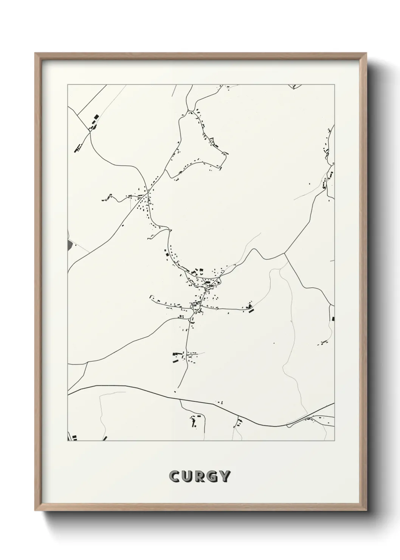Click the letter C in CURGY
click(175, 476)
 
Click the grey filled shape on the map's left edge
click(69, 245)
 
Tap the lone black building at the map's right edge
click(333, 319)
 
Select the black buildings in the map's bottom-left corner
click(74, 437)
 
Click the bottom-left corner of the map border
click(68, 441)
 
